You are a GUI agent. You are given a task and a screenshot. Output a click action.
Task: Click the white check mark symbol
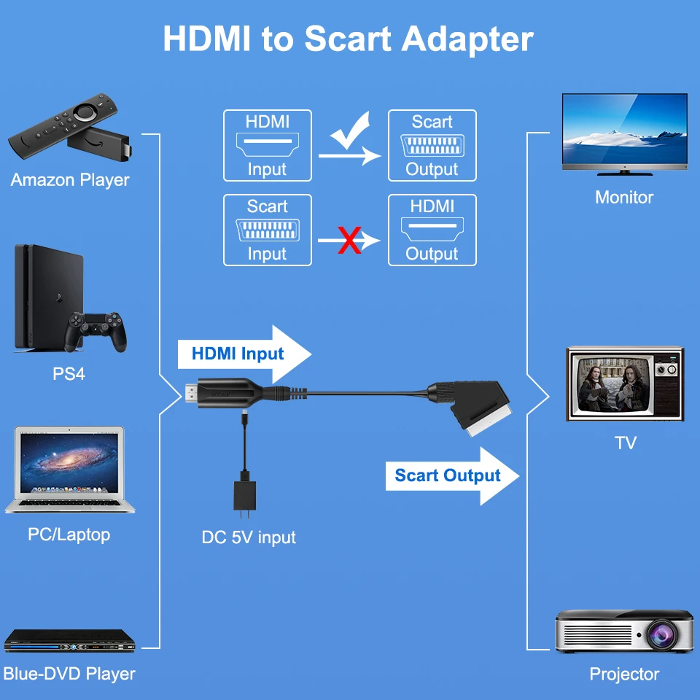pyautogui.click(x=351, y=132)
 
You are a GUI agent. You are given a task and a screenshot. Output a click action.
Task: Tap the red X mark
pyautogui.click(x=349, y=240)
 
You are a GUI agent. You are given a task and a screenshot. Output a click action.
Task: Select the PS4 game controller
pyautogui.click(x=96, y=331)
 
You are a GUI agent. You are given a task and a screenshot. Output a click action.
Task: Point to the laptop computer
pyautogui.click(x=70, y=470)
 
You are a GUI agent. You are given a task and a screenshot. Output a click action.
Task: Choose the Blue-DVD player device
pyautogui.click(x=70, y=641)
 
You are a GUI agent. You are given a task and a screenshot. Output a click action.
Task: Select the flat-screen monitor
pyautogui.click(x=625, y=134)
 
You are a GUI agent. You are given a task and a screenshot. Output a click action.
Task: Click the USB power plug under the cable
pyautogui.click(x=245, y=495)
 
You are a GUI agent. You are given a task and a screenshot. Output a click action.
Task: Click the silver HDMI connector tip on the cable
pyautogui.click(x=191, y=394)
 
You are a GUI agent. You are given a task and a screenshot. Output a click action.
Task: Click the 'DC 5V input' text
pyautogui.click(x=249, y=537)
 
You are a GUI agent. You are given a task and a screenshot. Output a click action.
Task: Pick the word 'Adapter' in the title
pyautogui.click(x=467, y=39)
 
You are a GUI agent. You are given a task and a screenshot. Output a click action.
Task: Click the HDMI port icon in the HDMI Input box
pyautogui.click(x=268, y=144)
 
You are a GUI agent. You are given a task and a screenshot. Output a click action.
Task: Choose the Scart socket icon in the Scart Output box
pyautogui.click(x=432, y=145)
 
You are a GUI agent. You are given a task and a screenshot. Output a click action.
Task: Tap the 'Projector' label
pyautogui.click(x=624, y=674)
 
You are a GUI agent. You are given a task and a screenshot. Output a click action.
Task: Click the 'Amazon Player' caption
pyautogui.click(x=70, y=180)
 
